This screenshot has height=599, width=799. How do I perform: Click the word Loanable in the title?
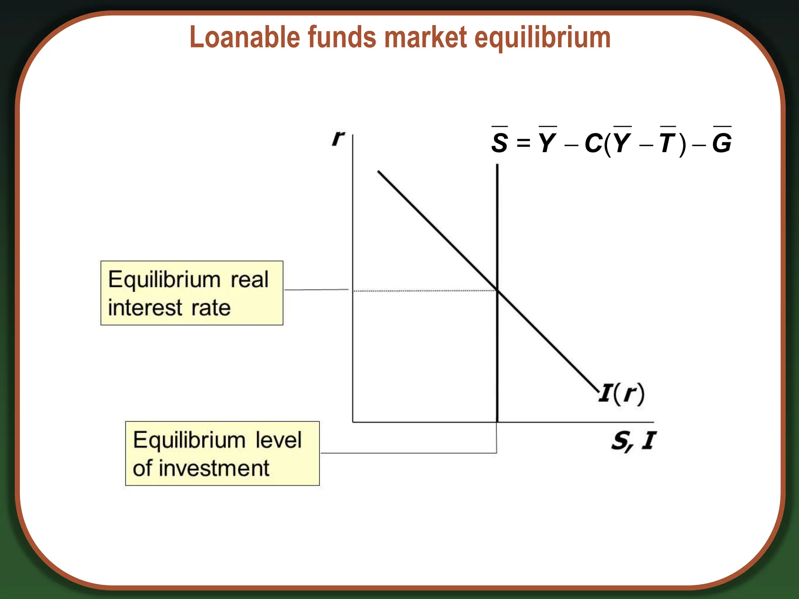tap(244, 37)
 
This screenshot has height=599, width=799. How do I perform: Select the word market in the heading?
tap(426, 37)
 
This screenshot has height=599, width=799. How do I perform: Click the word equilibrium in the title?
tap(542, 38)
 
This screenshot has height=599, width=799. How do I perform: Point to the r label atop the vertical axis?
tap(338, 137)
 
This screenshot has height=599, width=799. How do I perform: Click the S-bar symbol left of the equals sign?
tap(500, 142)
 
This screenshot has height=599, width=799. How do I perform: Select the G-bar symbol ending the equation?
tap(722, 142)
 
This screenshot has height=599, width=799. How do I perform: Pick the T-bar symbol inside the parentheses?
tap(668, 142)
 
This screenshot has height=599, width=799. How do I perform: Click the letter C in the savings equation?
tap(593, 143)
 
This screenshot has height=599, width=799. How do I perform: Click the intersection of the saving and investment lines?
tap(497, 290)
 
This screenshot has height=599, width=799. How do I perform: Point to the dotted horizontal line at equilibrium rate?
tap(425, 291)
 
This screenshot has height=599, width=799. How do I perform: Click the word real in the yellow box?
tap(249, 280)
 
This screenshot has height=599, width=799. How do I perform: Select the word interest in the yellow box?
tap(145, 308)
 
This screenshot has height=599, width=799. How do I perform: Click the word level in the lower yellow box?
tap(279, 440)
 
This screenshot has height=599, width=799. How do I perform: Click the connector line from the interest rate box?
tap(316, 290)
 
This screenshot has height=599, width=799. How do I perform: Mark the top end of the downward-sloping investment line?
tap(378, 171)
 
